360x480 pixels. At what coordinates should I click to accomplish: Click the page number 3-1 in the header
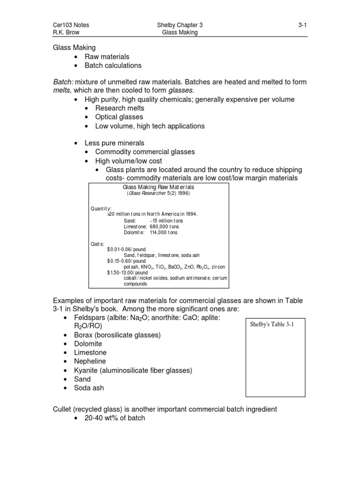pyautogui.click(x=302, y=25)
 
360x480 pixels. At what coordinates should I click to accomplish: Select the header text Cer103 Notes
pyautogui.click(x=70, y=25)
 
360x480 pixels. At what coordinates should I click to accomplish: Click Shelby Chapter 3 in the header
pyautogui.click(x=180, y=25)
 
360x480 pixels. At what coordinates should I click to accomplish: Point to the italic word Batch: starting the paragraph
pyautogui.click(x=62, y=82)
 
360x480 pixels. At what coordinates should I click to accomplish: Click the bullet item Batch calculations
pyautogui.click(x=113, y=65)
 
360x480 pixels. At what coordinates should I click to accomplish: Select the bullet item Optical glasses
pyautogui.click(x=119, y=117)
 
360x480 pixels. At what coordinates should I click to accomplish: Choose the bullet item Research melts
pyautogui.click(x=120, y=108)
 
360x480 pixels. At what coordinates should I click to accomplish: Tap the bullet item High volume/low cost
pyautogui.click(x=129, y=161)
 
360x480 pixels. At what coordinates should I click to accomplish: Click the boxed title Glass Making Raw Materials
pyautogui.click(x=158, y=187)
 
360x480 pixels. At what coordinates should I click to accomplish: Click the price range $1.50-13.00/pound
pyautogui.click(x=127, y=272)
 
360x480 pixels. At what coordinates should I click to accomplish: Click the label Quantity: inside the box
pyautogui.click(x=101, y=209)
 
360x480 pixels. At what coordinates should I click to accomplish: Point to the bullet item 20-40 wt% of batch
pyautogui.click(x=115, y=418)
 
